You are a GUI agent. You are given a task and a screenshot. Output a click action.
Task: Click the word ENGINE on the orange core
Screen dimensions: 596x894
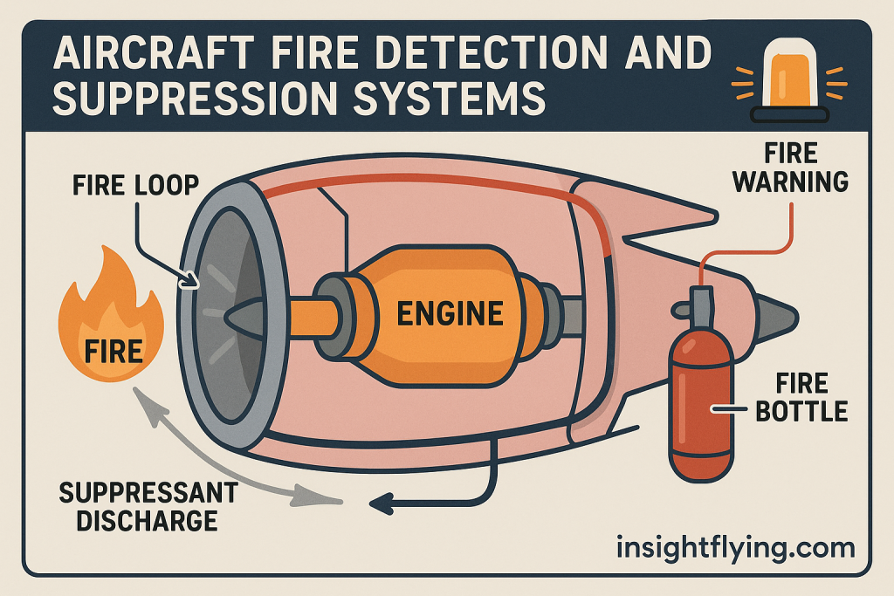(450, 313)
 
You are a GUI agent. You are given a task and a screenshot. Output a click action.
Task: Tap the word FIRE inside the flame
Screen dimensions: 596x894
(113, 351)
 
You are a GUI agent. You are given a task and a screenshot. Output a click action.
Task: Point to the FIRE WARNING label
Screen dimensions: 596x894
(790, 168)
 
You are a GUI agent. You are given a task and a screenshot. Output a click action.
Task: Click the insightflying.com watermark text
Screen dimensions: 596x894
(735, 548)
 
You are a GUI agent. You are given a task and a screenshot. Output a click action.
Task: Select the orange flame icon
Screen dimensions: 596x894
(112, 327)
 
